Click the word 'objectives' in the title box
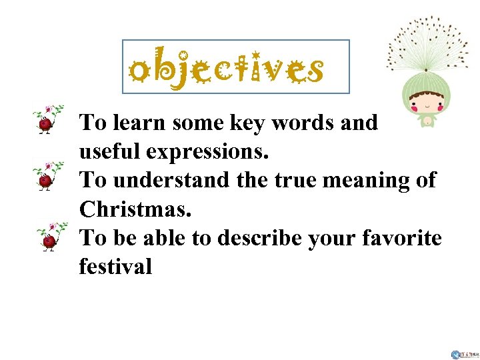click(x=226, y=68)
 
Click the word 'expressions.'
click(x=207, y=153)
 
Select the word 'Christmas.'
click(x=135, y=209)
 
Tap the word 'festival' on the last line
click(x=115, y=266)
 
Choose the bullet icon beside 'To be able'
click(x=49, y=234)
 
